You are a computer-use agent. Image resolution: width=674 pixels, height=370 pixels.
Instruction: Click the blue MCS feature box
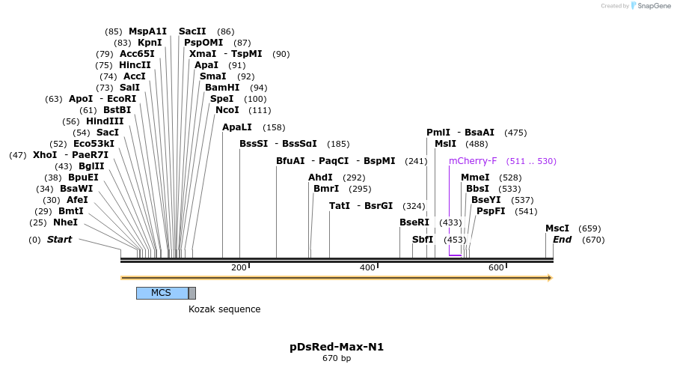click(162, 293)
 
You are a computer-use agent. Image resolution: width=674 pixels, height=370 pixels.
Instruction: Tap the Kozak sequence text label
click(224, 309)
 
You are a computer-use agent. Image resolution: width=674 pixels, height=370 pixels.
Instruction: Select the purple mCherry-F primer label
click(473, 161)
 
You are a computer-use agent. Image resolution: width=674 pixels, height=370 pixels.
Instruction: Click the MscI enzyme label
click(557, 228)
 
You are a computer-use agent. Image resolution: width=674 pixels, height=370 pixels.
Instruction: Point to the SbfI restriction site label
click(423, 240)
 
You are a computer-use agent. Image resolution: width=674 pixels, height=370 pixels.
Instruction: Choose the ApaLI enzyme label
click(237, 127)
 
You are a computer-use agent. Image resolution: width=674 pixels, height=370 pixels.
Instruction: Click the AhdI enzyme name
click(320, 178)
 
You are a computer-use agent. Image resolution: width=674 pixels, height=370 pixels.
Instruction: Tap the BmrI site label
click(326, 189)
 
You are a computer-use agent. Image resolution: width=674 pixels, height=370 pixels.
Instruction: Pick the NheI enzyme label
click(65, 222)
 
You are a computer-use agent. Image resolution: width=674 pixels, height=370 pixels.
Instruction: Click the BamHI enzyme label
click(222, 88)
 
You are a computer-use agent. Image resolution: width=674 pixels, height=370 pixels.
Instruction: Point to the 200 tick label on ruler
click(239, 268)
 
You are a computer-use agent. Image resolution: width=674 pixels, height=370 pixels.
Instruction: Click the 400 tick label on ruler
click(367, 268)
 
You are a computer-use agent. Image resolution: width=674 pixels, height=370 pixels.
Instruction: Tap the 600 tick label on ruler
click(496, 268)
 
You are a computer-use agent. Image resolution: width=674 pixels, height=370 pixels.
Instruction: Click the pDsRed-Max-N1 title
click(337, 347)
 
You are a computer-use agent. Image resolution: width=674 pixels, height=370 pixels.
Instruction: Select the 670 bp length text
click(337, 359)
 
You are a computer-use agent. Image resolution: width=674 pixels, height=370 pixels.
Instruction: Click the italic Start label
click(59, 240)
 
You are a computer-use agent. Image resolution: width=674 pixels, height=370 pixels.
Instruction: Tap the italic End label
click(562, 240)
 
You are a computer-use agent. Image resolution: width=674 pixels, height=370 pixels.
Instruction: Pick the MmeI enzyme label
click(475, 178)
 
